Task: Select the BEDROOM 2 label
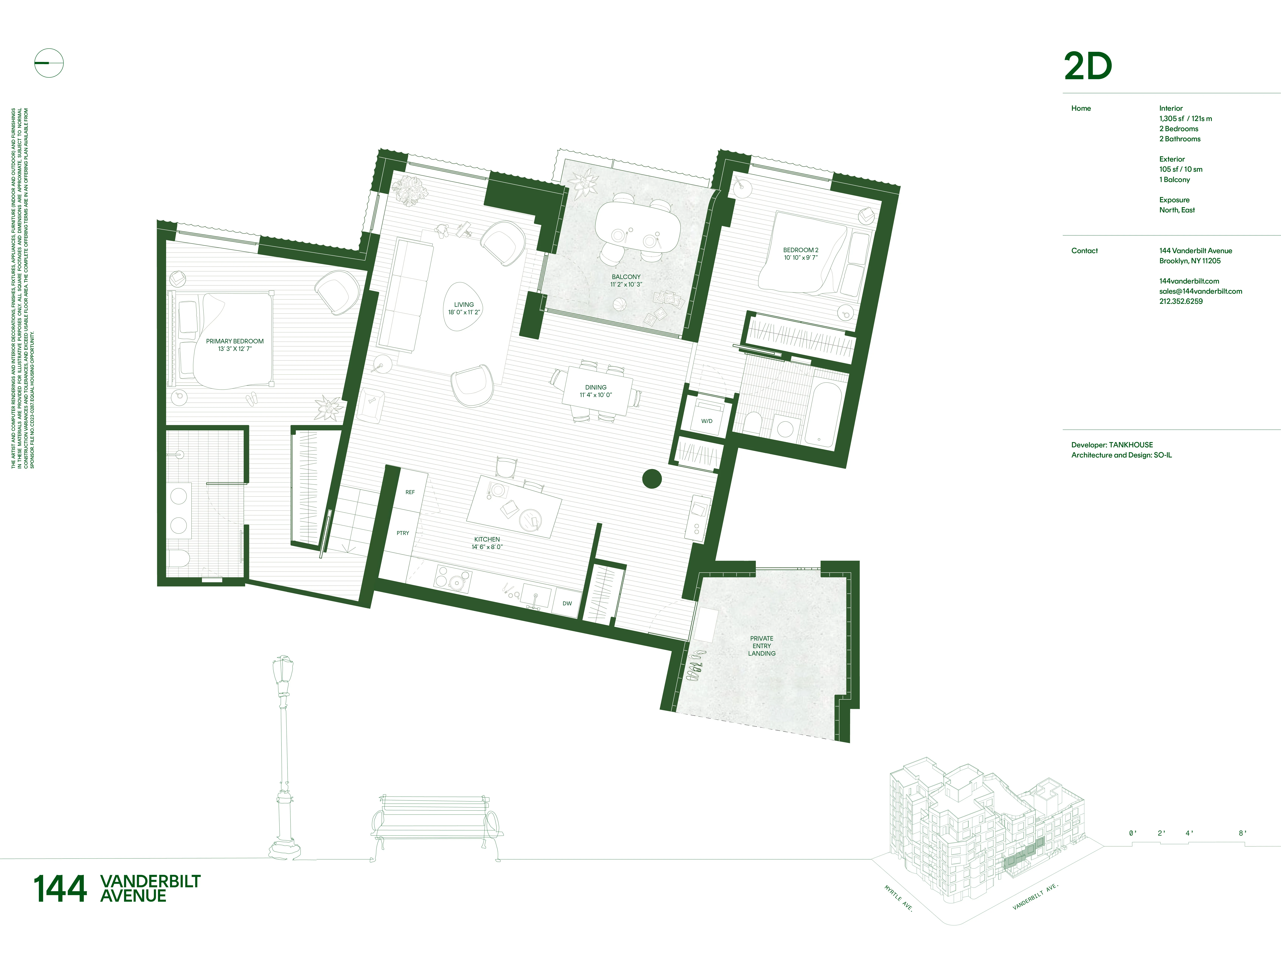click(800, 250)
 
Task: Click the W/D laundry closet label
click(706, 421)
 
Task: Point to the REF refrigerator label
click(410, 492)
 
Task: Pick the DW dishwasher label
click(567, 603)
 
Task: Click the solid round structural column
click(651, 478)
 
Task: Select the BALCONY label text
click(626, 277)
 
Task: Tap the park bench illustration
click(435, 825)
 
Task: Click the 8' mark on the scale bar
click(1242, 833)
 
